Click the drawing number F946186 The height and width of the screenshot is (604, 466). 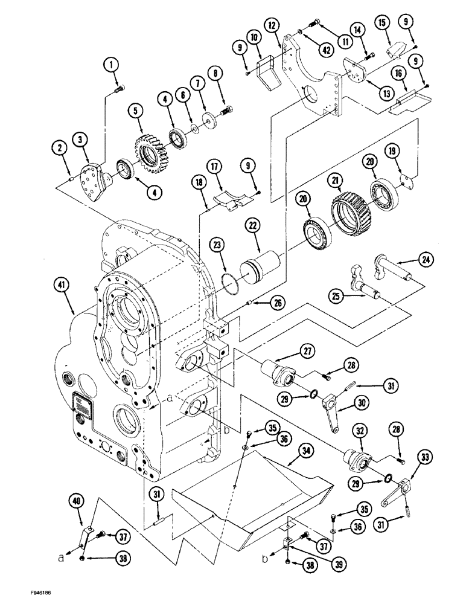coord(27,586)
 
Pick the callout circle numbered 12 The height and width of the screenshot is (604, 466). coord(272,26)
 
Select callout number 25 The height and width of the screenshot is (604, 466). coord(337,295)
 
